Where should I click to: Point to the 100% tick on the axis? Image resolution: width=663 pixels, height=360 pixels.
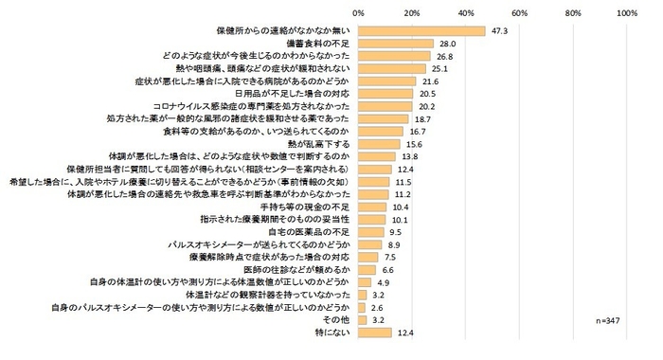[x=626, y=13]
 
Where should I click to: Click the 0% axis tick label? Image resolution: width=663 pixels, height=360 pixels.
[x=358, y=13]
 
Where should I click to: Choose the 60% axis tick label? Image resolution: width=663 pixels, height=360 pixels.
[x=519, y=13]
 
